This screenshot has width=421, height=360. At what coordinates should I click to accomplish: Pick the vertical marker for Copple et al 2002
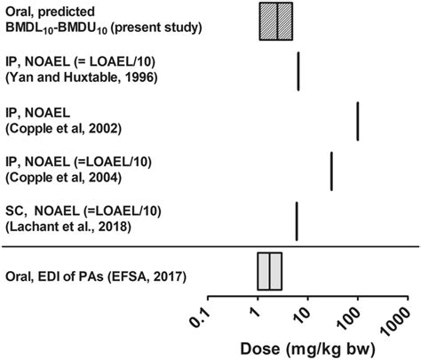(x=358, y=120)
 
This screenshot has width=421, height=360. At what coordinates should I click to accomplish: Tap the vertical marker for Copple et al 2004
(x=331, y=171)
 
